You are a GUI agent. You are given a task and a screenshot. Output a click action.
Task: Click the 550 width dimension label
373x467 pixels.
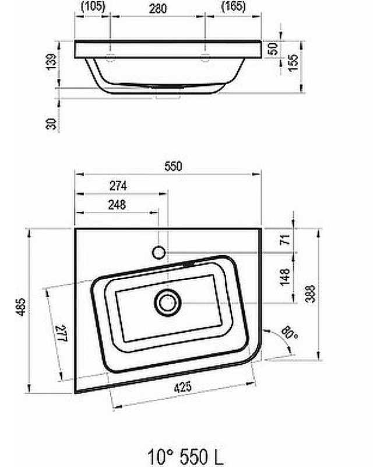pyautogui.click(x=173, y=166)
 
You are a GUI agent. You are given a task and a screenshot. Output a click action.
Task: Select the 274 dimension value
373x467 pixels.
pyautogui.click(x=118, y=186)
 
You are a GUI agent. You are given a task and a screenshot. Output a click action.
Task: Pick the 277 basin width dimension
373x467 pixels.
pyautogui.click(x=62, y=334)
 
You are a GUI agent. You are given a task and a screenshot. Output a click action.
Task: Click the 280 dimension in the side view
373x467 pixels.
pyautogui.click(x=157, y=8)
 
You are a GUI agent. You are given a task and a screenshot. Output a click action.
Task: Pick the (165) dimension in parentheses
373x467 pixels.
pyautogui.click(x=233, y=7)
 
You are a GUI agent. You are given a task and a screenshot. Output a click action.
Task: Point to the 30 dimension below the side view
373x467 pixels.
pyautogui.click(x=52, y=123)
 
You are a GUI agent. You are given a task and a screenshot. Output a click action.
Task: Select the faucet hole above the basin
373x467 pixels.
pyautogui.click(x=158, y=252)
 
